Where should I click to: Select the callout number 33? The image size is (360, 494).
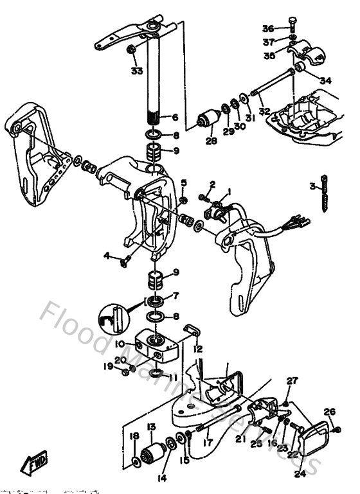click(136, 71)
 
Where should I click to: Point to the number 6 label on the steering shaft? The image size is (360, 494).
click(174, 118)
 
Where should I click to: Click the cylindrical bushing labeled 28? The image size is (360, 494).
click(208, 120)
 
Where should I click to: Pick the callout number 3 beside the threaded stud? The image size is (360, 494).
click(312, 187)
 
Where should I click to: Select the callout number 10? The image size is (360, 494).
click(120, 344)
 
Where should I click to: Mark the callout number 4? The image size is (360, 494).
click(106, 255)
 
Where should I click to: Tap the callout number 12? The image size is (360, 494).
click(199, 349)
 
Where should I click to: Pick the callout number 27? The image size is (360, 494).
click(292, 381)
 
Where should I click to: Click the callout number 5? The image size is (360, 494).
click(183, 183)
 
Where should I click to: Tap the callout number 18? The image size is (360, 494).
click(134, 437)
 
